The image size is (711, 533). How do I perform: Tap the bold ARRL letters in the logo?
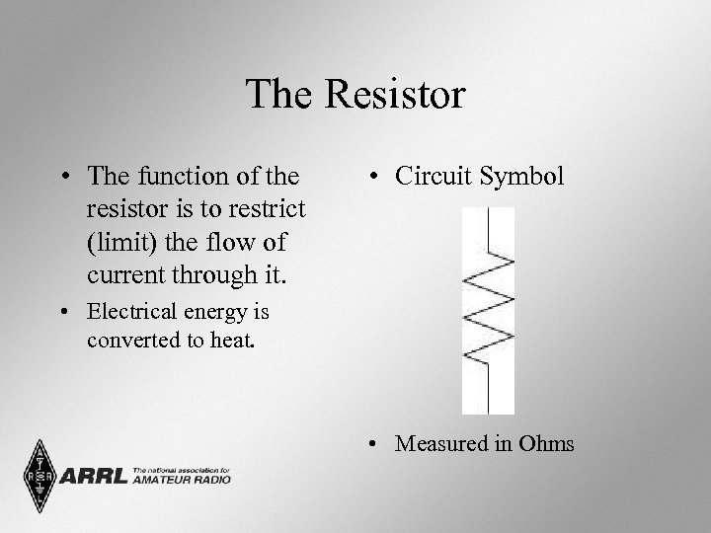click(94, 478)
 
